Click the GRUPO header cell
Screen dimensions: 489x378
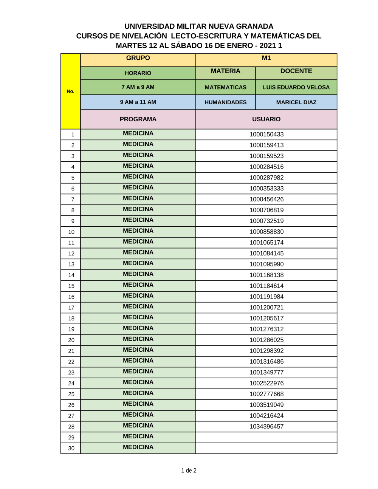point(138,58)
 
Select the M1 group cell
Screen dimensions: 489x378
point(266,58)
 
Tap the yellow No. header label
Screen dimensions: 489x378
point(70,91)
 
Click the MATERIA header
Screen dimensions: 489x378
point(225,71)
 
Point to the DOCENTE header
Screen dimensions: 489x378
point(296,71)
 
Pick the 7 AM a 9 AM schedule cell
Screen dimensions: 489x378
point(138,87)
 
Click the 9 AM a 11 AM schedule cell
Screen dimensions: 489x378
point(138,102)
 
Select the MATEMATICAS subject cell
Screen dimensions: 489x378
point(225,87)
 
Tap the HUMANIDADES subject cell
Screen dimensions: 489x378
point(225,102)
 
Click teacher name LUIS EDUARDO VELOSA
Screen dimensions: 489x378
point(296,87)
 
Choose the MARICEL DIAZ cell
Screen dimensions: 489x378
point(296,102)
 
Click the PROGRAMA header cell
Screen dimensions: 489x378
point(138,119)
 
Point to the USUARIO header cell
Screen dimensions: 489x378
point(266,119)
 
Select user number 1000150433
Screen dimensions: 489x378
point(266,135)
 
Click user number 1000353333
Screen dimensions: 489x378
point(266,189)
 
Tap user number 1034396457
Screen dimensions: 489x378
point(266,427)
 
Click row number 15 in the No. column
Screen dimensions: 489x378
point(71,286)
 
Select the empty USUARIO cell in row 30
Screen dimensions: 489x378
point(266,448)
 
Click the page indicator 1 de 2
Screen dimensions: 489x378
point(189,470)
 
